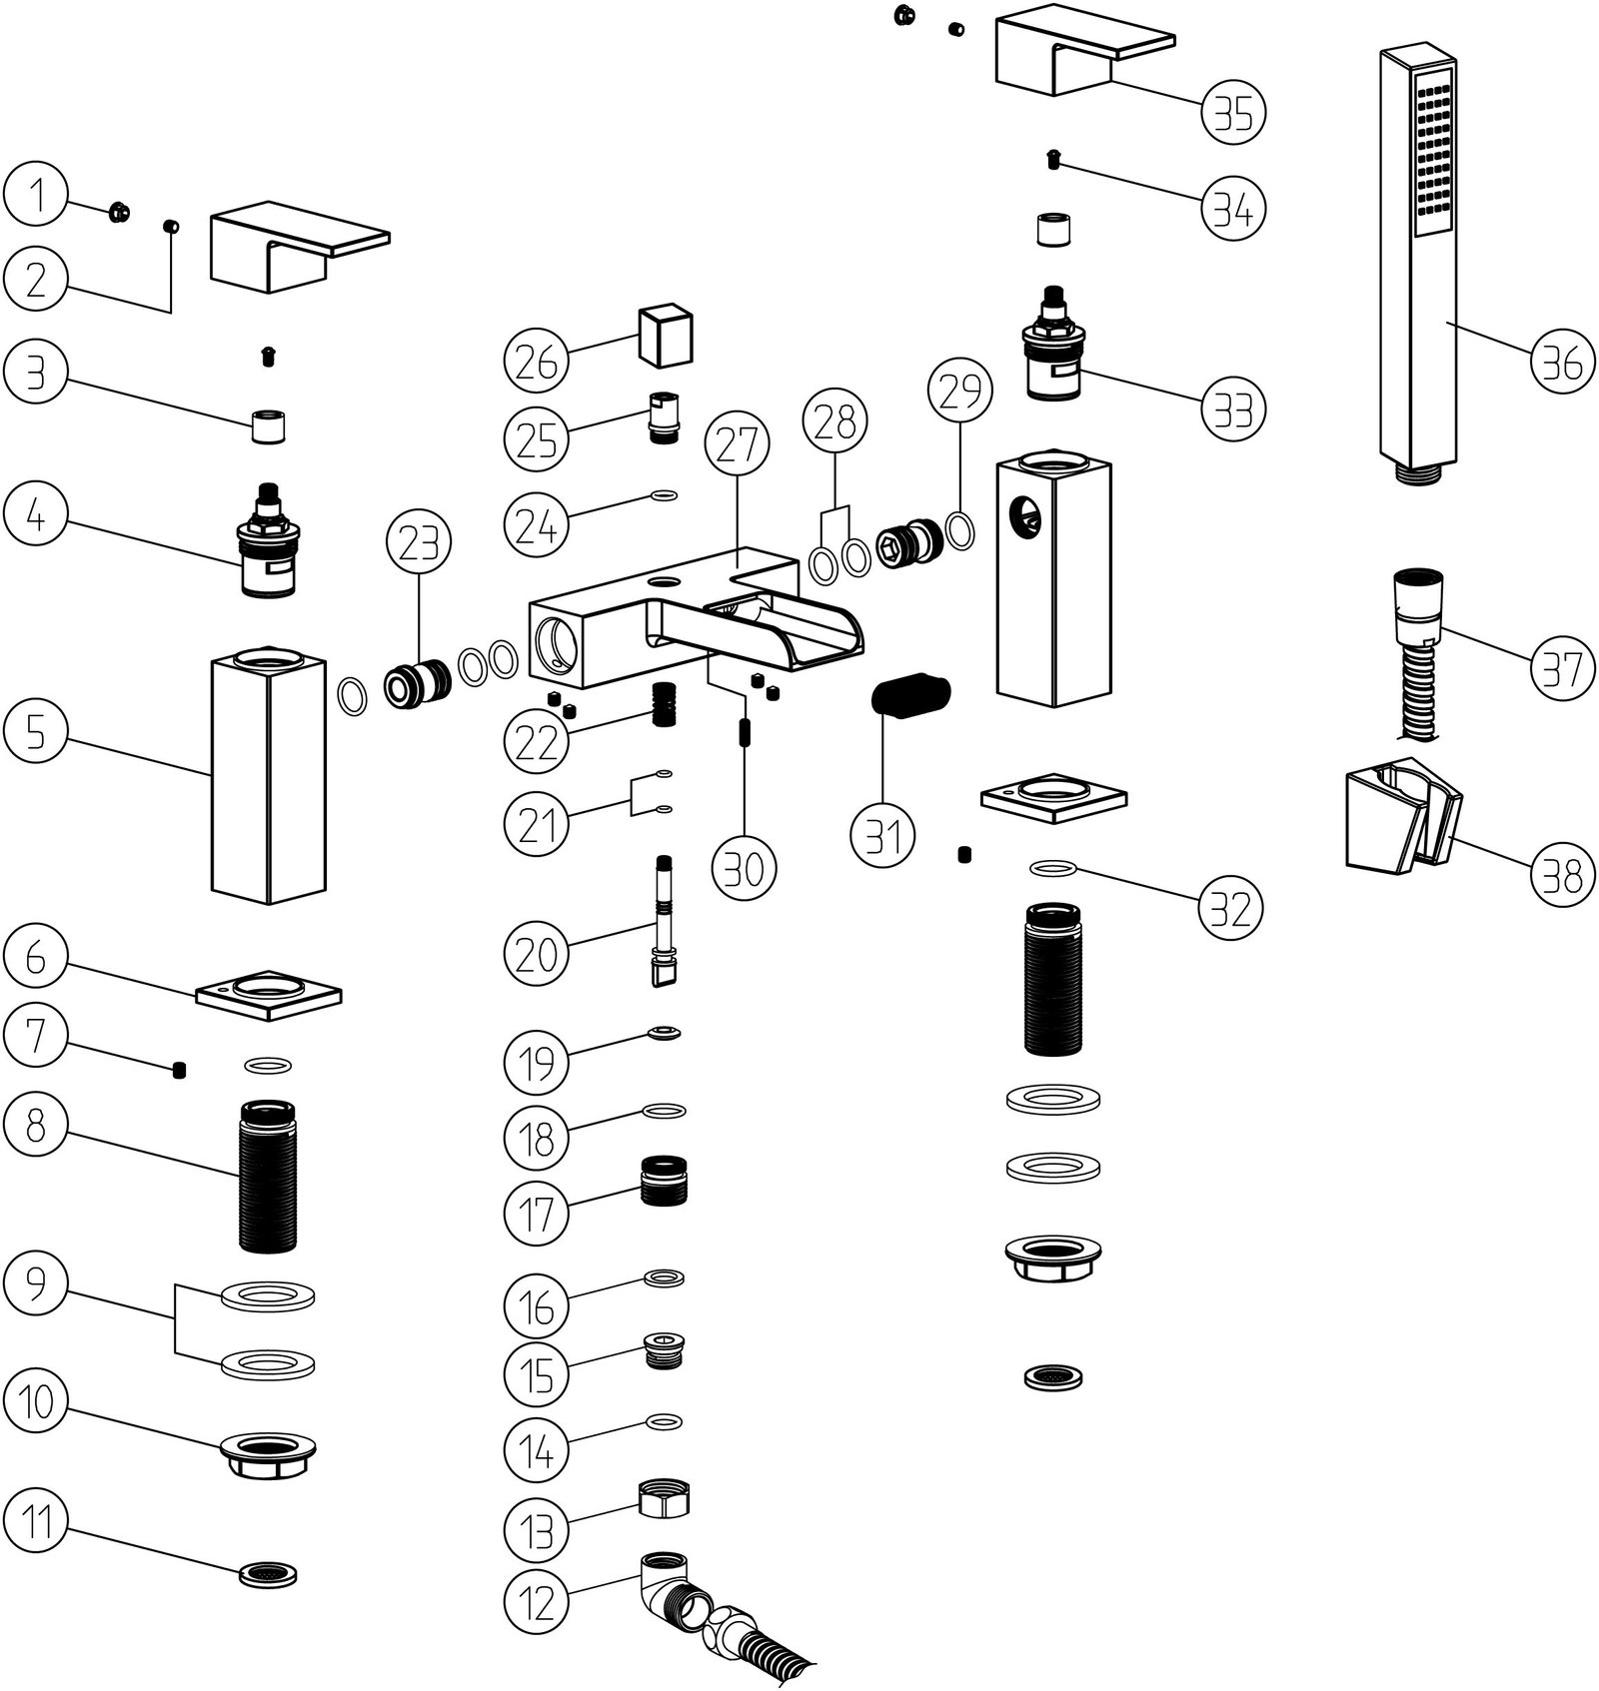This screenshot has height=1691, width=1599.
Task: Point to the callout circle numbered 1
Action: pos(36,195)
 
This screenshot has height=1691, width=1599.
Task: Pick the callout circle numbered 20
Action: pos(536,952)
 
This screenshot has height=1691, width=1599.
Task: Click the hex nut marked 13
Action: pos(665,1499)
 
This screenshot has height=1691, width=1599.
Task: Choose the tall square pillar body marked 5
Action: pos(270,774)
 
